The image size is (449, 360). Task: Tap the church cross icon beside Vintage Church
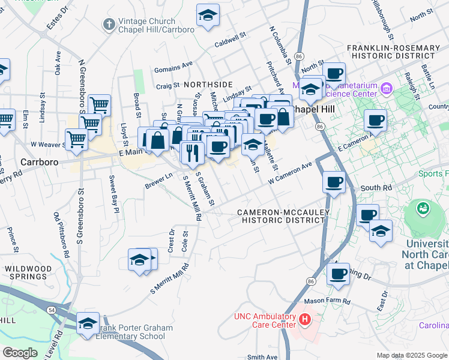coord(109,25)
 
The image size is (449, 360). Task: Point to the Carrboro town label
coord(38,162)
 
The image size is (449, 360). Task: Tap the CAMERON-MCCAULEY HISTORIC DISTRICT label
coord(281,216)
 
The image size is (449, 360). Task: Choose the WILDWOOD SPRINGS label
coord(25,272)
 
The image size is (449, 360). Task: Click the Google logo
coord(19,352)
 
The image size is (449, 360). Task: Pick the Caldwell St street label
coord(231,41)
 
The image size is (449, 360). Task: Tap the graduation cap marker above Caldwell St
coord(208,16)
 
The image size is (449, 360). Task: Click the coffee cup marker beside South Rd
coord(334,181)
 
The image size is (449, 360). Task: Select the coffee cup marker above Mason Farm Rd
coord(338,274)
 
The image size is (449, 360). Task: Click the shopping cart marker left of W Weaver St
coord(76,140)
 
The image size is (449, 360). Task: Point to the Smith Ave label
coord(262,357)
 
